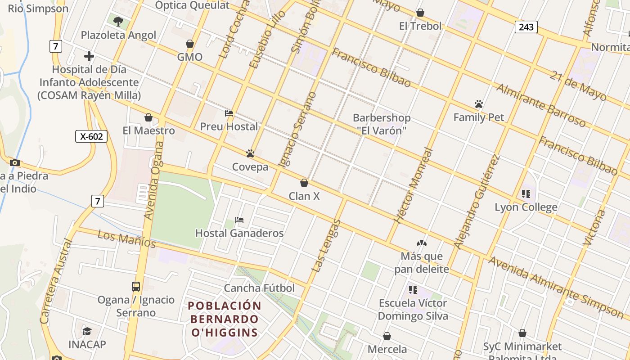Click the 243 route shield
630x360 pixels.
point(526,27)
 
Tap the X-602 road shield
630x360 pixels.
point(91,136)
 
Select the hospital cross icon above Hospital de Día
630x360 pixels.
point(89,56)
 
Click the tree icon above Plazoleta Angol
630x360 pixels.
point(118,21)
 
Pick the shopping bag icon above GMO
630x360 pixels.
point(190,44)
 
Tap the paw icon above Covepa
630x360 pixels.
point(250,153)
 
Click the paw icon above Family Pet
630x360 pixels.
point(478,104)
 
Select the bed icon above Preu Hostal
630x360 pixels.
point(229,113)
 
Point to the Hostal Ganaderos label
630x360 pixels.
point(239,233)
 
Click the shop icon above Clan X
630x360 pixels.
point(304,183)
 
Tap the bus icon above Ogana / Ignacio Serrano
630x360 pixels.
point(136,286)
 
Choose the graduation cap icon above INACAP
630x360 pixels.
point(87,331)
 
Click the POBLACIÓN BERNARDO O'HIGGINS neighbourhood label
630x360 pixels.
point(225,319)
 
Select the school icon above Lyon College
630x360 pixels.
point(526,194)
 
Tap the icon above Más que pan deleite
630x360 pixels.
point(421,243)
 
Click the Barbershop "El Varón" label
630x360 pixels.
point(382,124)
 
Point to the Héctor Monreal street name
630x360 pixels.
point(413,185)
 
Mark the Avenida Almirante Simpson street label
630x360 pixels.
point(556,286)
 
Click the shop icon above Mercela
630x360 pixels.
point(387,336)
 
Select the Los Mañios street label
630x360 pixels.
point(126,239)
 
